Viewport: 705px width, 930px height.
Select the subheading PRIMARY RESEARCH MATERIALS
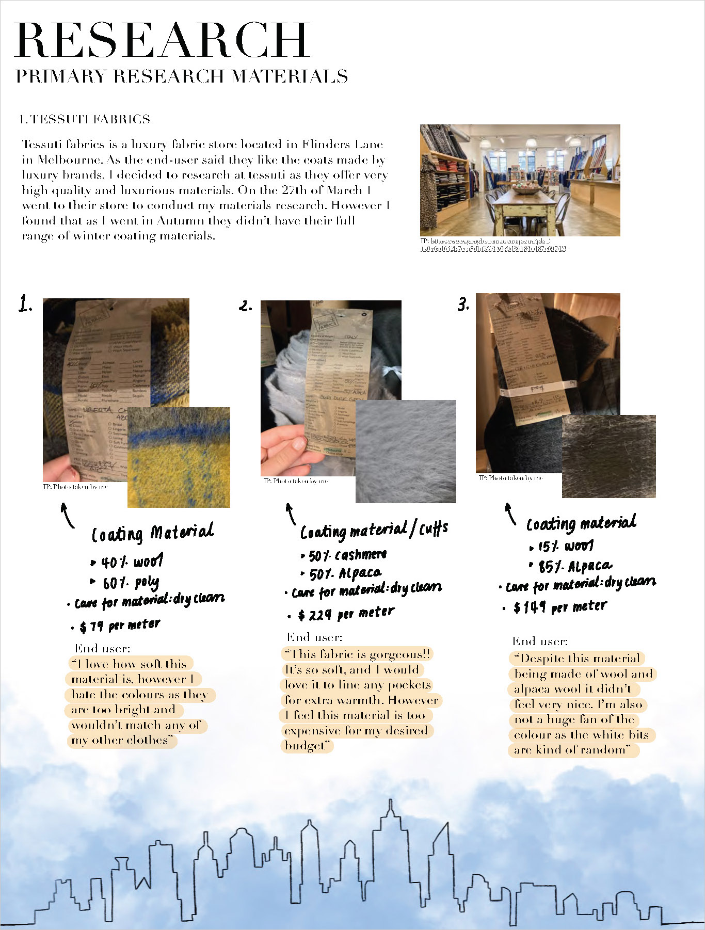click(x=182, y=76)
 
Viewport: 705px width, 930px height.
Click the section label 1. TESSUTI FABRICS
click(x=84, y=119)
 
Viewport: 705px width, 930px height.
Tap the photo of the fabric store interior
click(x=520, y=180)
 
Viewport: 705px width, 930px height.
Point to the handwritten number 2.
click(x=246, y=306)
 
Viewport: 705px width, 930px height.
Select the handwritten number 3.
click(x=463, y=304)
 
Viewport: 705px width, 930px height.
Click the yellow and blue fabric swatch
click(x=179, y=457)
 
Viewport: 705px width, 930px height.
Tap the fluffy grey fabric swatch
click(x=406, y=451)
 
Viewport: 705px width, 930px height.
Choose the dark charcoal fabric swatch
click(x=608, y=456)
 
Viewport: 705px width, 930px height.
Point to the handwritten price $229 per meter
click(x=346, y=614)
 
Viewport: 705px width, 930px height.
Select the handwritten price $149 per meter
click(x=560, y=607)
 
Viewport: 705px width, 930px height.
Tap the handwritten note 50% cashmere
click(x=347, y=555)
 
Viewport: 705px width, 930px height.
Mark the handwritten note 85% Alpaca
click(x=574, y=567)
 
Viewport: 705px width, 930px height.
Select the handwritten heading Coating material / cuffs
click(x=374, y=530)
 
